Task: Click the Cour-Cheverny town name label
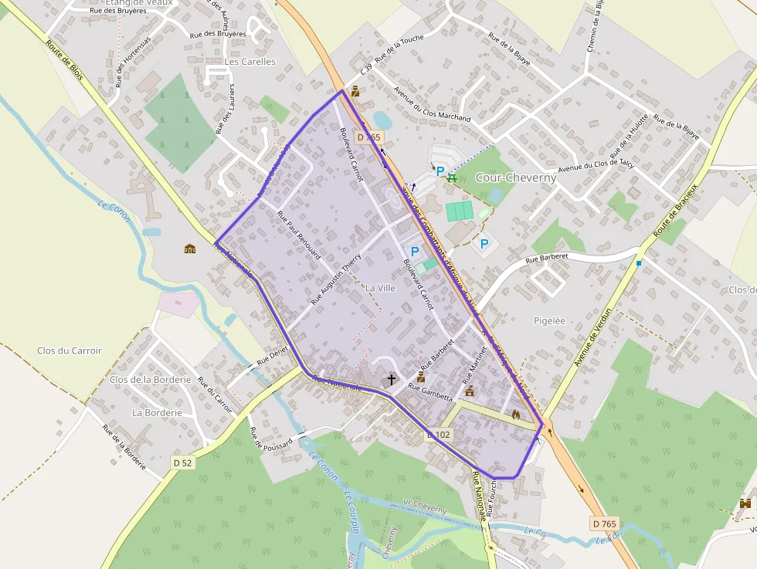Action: pos(516,177)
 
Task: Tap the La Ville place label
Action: pos(380,288)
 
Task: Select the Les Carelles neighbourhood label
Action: pos(249,62)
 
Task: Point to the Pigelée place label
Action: pos(550,320)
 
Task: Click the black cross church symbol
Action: pos(392,379)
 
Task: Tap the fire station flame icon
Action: pos(516,415)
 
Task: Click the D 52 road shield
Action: pos(182,462)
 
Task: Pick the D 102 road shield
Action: pos(438,435)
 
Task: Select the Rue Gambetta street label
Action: pos(430,392)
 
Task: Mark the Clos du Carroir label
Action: pos(70,351)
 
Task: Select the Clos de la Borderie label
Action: pos(150,380)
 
